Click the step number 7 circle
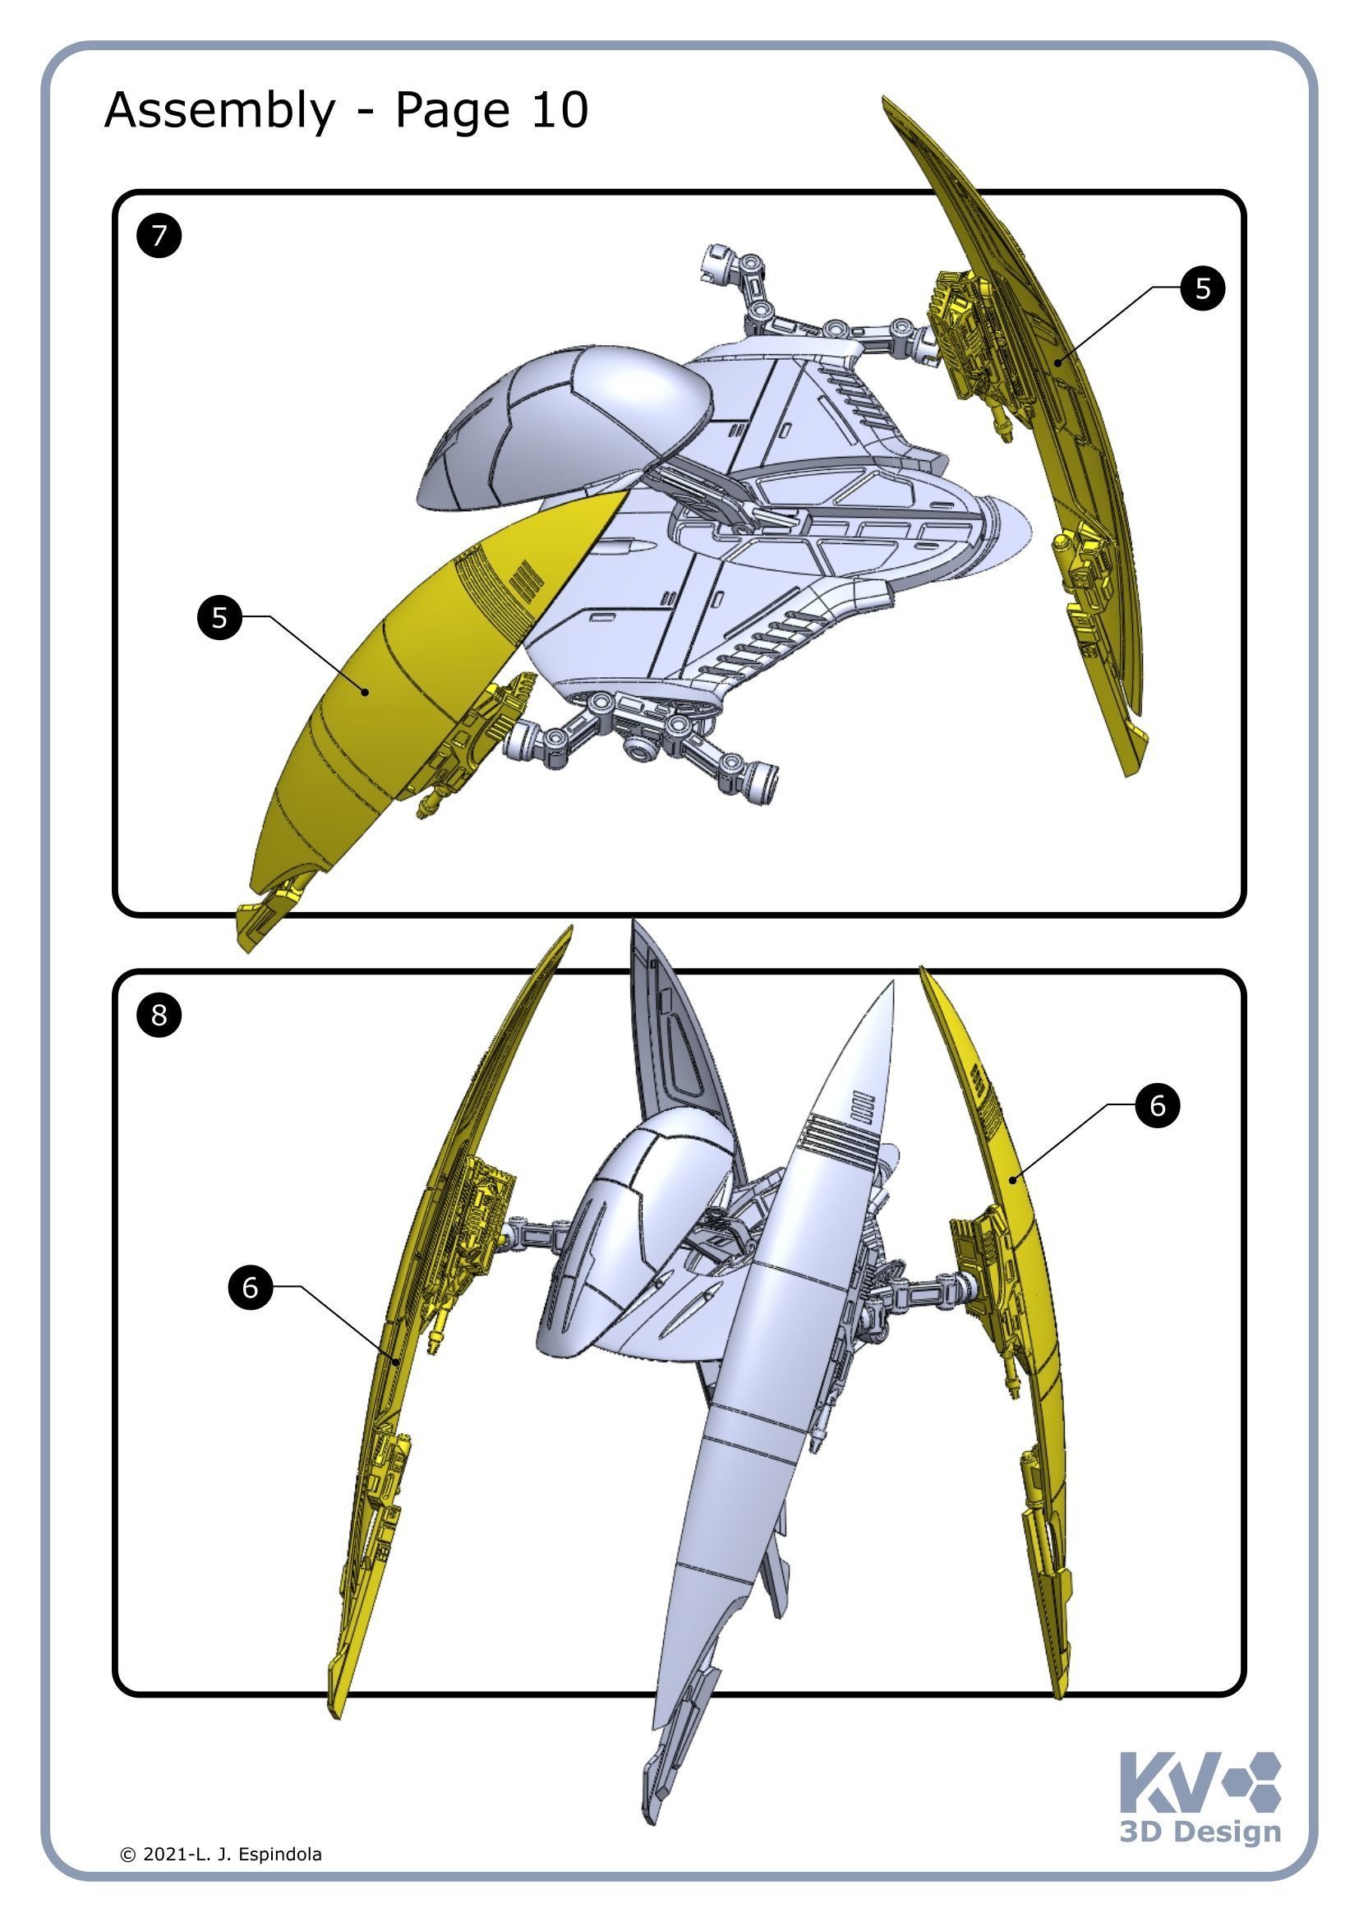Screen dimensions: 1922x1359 pos(159,235)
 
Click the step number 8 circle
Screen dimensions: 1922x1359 pos(159,1015)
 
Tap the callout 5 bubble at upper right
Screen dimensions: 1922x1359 pos(1203,288)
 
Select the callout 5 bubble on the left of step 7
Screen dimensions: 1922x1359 pos(219,618)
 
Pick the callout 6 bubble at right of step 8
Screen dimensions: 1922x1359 pos(1158,1105)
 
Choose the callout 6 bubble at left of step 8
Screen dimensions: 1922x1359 pos(251,1287)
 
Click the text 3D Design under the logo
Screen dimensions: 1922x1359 pos(1200,1831)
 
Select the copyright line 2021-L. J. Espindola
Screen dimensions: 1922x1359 pos(221,1854)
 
